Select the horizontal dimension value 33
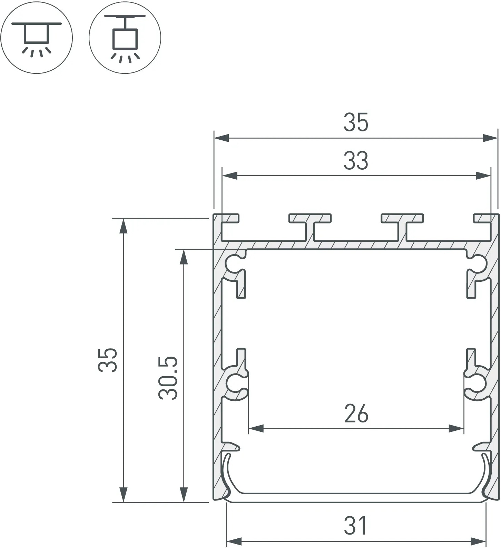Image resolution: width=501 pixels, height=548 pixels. point(356,161)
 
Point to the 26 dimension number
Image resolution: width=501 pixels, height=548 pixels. point(356,414)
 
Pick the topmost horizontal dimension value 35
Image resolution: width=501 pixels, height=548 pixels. point(356,122)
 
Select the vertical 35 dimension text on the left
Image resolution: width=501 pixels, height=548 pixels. point(108,360)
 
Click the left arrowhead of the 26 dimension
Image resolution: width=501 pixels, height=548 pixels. point(256,429)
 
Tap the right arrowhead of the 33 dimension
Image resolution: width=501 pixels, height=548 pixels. point(483,176)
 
